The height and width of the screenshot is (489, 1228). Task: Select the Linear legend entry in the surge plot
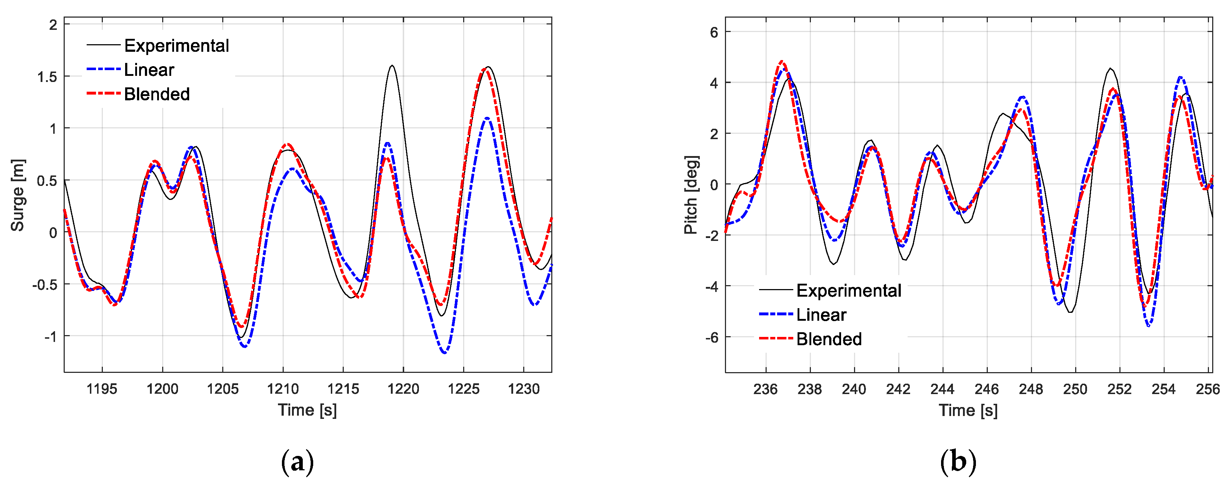tap(149, 70)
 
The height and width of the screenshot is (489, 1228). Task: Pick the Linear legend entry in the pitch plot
tap(821, 315)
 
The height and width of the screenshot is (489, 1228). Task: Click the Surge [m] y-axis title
tap(18, 195)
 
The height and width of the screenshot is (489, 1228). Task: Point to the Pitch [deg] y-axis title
tap(691, 195)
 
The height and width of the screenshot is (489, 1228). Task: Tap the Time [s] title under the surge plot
tap(307, 410)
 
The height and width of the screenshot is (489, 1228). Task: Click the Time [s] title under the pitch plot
tap(968, 410)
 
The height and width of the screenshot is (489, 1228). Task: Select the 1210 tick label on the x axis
tap(283, 389)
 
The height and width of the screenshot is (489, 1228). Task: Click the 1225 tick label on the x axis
tap(464, 389)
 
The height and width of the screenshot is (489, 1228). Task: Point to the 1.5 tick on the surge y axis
tap(47, 77)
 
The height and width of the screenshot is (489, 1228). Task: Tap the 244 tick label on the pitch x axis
tap(942, 389)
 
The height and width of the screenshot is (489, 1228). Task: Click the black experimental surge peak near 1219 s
tap(392, 66)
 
